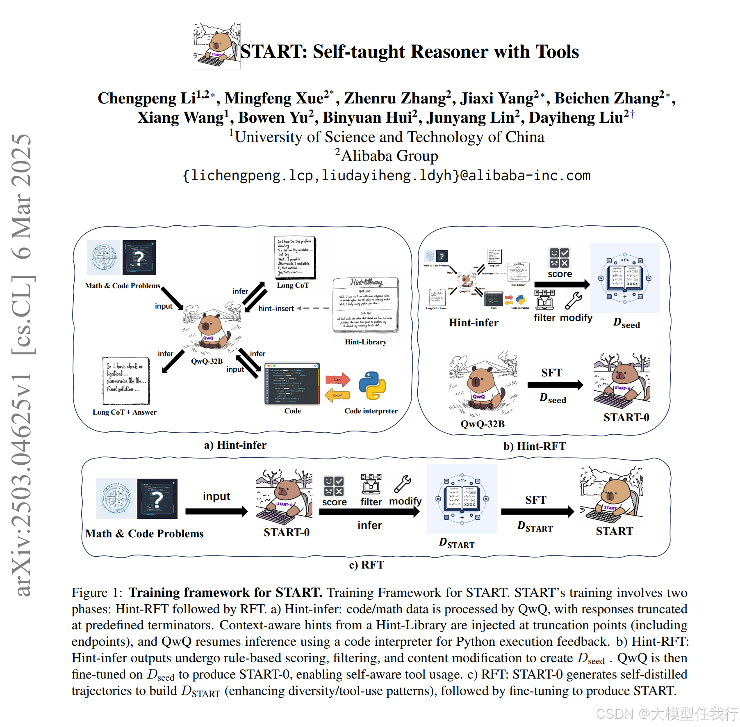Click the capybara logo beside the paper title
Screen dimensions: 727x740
point(216,46)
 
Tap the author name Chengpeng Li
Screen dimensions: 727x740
point(146,99)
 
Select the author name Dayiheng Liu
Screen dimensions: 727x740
point(576,118)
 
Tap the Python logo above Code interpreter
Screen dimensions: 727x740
point(372,385)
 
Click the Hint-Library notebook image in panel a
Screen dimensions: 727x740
point(366,305)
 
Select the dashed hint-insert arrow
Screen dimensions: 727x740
point(313,308)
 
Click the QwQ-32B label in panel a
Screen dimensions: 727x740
point(207,361)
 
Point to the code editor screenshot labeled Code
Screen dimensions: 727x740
point(292,384)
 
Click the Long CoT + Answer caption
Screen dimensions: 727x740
point(124,412)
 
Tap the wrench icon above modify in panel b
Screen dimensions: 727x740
point(573,300)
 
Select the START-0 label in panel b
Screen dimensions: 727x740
point(626,417)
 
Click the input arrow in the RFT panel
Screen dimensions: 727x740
point(216,511)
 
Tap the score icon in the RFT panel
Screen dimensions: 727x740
point(334,486)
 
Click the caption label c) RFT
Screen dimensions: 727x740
point(367,565)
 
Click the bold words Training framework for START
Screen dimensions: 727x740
point(225,593)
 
